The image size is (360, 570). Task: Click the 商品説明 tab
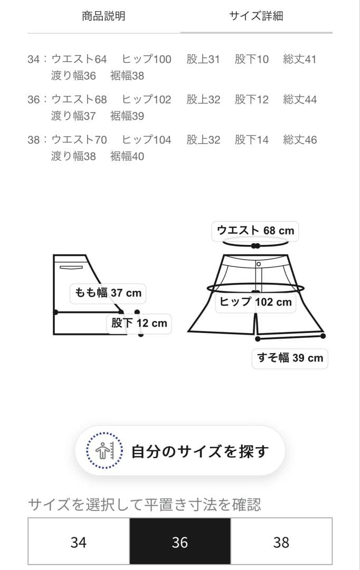pos(103,16)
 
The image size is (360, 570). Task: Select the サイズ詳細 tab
pos(256,16)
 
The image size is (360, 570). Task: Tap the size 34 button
pos(78,542)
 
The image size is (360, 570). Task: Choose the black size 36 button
pos(180,542)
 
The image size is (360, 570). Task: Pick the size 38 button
pos(281,542)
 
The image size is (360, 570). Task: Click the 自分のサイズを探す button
pos(180,451)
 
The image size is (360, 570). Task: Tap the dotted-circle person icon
pos(104,451)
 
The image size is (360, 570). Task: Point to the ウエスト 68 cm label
pos(255,231)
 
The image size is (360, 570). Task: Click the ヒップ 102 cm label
pos(255,302)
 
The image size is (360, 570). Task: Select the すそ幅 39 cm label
pos(290,358)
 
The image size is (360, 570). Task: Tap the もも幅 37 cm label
pos(108,292)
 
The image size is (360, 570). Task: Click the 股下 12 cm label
pos(139,323)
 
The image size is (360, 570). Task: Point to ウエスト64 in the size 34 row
pos(79,59)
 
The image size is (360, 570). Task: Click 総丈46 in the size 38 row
pos(300,140)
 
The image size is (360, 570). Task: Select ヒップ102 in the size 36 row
pos(147,99)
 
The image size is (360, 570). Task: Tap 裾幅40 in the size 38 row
pos(127,156)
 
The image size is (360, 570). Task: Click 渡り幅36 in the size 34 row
pos(73,75)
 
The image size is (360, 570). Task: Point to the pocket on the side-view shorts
pos(71,268)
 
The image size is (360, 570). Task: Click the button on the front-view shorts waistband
pos(259,263)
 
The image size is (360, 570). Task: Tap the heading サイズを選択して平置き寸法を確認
pos(144,505)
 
